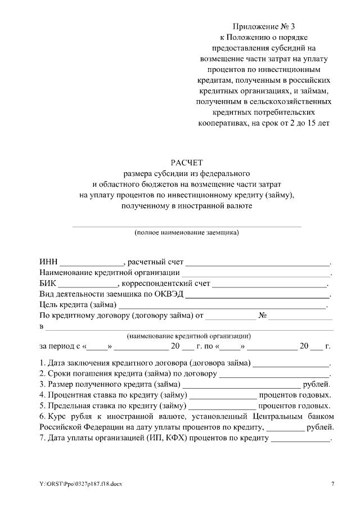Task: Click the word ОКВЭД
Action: [x=168, y=294]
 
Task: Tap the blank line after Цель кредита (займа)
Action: [x=222, y=305]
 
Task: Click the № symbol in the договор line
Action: [x=262, y=316]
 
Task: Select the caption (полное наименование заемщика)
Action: [x=186, y=232]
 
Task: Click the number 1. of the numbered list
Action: [x=43, y=363]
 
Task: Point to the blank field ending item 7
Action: [x=300, y=438]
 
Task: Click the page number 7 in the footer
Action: [x=332, y=484]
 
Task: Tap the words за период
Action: [x=56, y=346]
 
